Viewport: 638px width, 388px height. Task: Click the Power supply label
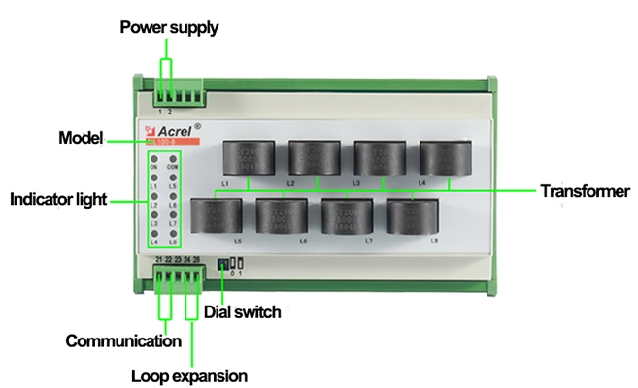coord(168,27)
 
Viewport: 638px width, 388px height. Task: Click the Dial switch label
coord(242,311)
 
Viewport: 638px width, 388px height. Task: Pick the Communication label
coord(123,340)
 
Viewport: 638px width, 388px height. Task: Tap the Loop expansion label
coord(188,374)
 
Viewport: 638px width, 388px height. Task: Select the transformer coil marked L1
coord(248,157)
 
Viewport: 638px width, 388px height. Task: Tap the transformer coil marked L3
coord(378,157)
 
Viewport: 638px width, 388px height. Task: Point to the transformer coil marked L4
coord(443,157)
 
